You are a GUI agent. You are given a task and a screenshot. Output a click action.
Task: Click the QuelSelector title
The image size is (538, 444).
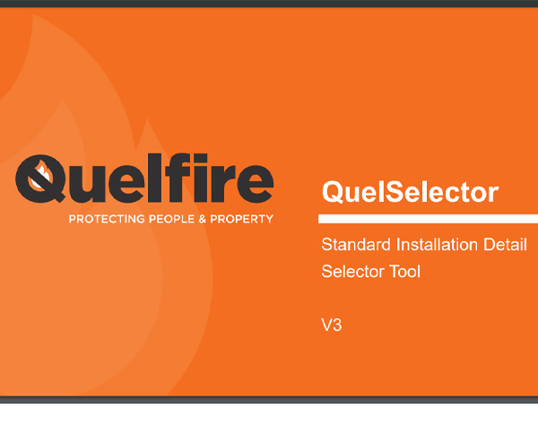[410, 192]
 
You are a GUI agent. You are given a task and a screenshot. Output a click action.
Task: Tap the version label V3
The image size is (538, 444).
[332, 325]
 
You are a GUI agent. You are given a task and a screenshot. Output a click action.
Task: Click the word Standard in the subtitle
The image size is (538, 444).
[356, 245]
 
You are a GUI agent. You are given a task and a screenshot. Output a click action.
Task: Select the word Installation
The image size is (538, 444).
[437, 245]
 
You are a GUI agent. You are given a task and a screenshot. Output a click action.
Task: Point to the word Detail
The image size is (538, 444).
[505, 245]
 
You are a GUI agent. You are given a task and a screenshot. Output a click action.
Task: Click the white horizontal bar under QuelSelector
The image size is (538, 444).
[428, 219]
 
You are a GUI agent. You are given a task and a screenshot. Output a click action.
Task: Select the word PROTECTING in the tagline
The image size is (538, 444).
[107, 219]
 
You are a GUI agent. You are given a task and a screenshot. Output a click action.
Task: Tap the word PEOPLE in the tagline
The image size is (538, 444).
[172, 219]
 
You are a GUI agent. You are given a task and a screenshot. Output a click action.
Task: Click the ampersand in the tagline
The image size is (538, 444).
[203, 219]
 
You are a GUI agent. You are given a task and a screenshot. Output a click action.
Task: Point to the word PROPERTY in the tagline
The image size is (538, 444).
[241, 219]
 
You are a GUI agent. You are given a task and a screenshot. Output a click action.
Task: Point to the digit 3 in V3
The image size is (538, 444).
[337, 325]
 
